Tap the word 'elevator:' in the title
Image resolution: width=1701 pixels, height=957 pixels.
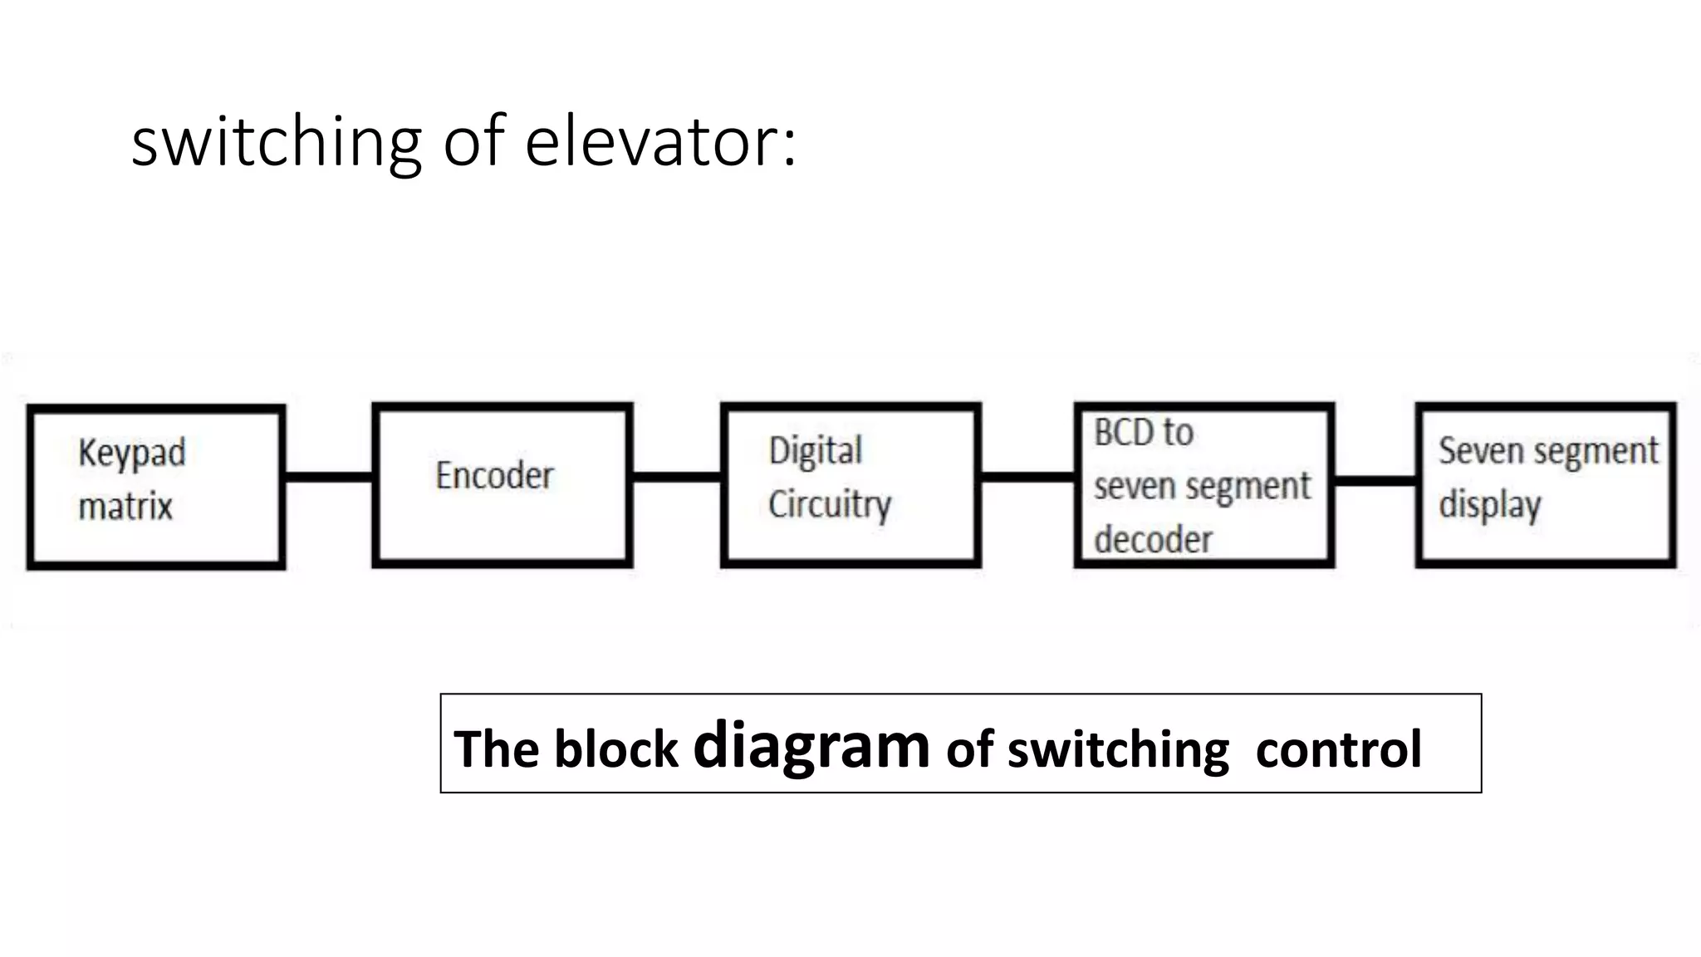click(x=660, y=141)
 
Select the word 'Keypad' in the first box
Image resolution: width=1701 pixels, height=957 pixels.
click(x=131, y=454)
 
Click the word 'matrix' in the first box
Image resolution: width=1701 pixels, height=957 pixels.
click(x=125, y=507)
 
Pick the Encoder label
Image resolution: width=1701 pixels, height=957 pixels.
click(x=494, y=476)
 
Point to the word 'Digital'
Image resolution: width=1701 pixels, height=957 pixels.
click(x=815, y=451)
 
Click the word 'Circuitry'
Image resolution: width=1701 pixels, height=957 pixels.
click(x=829, y=504)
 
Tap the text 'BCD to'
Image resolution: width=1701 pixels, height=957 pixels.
click(x=1143, y=433)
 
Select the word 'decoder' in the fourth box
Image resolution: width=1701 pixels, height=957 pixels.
click(x=1153, y=540)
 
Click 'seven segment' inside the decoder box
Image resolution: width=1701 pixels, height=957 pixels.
click(x=1201, y=486)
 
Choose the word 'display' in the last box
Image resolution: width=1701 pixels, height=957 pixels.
click(x=1489, y=505)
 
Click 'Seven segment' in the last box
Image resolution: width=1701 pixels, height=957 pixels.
click(x=1547, y=451)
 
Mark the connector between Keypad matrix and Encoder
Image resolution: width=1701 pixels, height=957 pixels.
click(x=329, y=477)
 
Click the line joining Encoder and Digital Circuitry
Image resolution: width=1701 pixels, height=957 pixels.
click(x=676, y=477)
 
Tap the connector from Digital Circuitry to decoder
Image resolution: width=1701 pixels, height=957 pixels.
click(x=1027, y=477)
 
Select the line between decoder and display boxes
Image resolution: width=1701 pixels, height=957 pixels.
click(x=1375, y=480)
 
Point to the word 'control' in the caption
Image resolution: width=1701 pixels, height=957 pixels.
click(x=1338, y=749)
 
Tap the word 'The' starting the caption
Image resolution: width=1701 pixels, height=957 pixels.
click(x=496, y=749)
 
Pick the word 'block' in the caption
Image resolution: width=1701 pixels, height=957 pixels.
click(x=615, y=749)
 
